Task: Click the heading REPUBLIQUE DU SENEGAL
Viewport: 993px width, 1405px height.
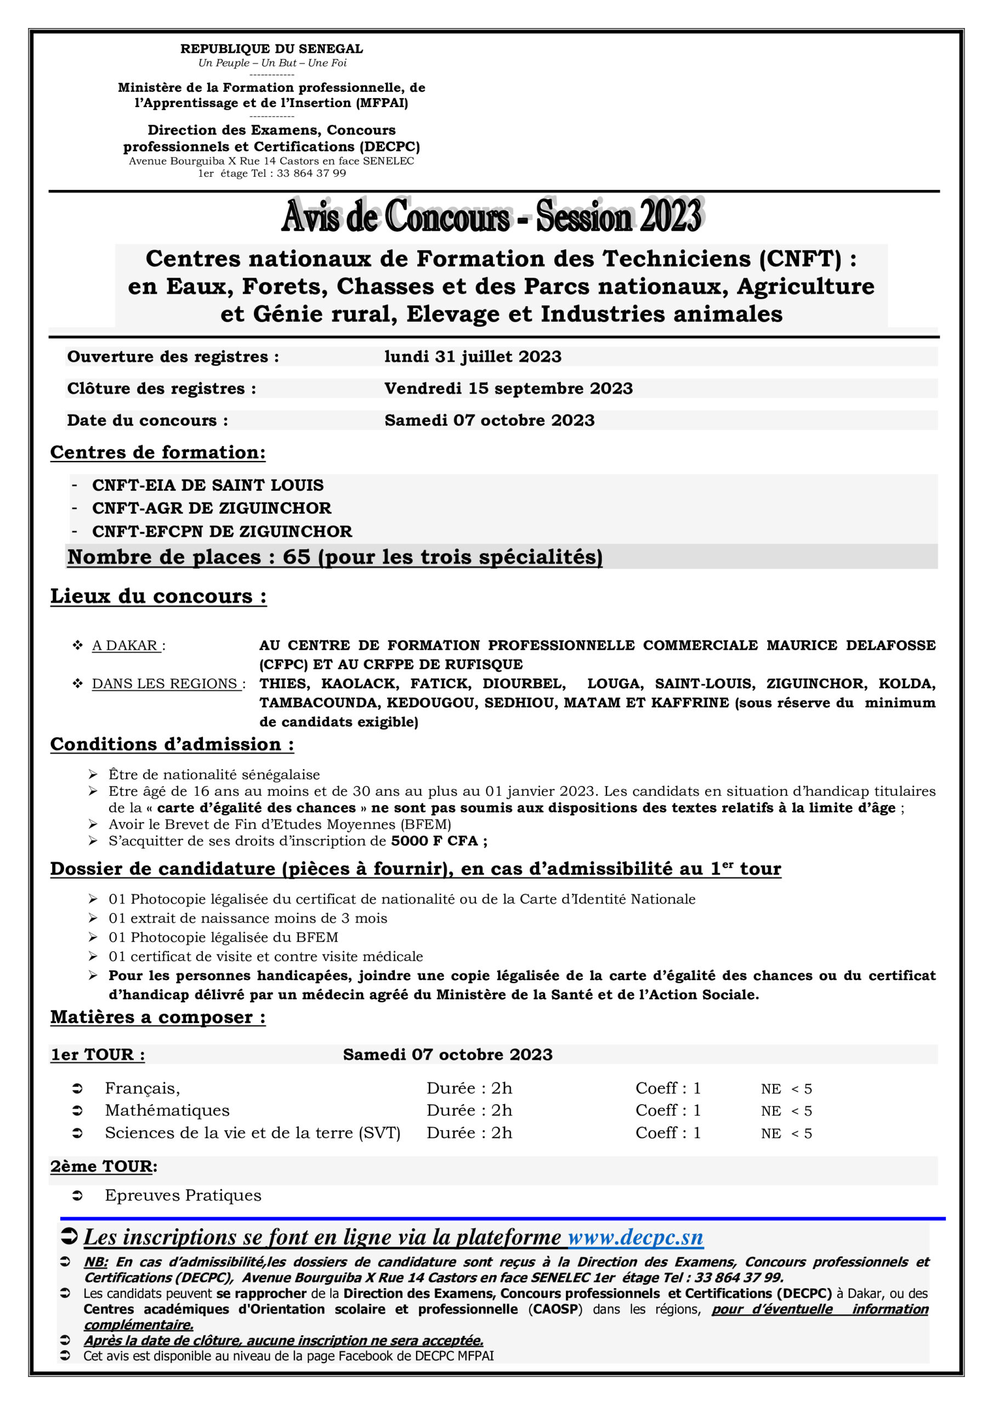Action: pyautogui.click(x=271, y=49)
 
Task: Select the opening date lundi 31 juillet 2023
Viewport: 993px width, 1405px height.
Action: pyautogui.click(x=473, y=356)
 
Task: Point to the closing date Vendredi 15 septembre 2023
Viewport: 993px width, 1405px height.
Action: pyautogui.click(x=508, y=388)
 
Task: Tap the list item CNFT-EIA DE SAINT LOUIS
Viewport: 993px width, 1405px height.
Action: pyautogui.click(x=208, y=485)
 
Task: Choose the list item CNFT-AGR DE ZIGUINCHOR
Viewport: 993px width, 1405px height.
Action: pyautogui.click(x=212, y=508)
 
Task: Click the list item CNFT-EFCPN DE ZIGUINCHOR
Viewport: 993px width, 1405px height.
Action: pyautogui.click(x=222, y=531)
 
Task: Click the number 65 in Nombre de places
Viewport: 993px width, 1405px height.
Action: pyautogui.click(x=297, y=557)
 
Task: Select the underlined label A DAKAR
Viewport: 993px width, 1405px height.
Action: pyautogui.click(x=126, y=645)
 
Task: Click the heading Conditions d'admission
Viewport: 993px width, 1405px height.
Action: pyautogui.click(x=172, y=744)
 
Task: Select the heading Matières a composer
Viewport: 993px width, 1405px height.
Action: pyautogui.click(x=158, y=1017)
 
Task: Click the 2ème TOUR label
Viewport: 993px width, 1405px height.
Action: pyautogui.click(x=101, y=1166)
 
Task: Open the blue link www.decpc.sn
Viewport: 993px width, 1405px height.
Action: pyautogui.click(x=635, y=1237)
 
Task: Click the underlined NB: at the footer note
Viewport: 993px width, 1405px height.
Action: pyautogui.click(x=95, y=1262)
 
